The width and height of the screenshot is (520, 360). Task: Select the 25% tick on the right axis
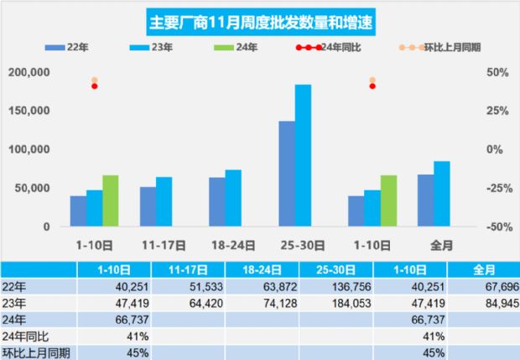point(495,111)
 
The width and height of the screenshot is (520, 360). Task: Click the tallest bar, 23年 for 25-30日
point(303,155)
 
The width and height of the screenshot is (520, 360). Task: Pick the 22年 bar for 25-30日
point(287,174)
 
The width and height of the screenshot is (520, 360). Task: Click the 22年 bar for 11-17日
point(148,206)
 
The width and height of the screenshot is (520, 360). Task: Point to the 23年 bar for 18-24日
point(233,198)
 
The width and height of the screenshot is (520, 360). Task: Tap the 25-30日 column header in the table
point(335,269)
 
